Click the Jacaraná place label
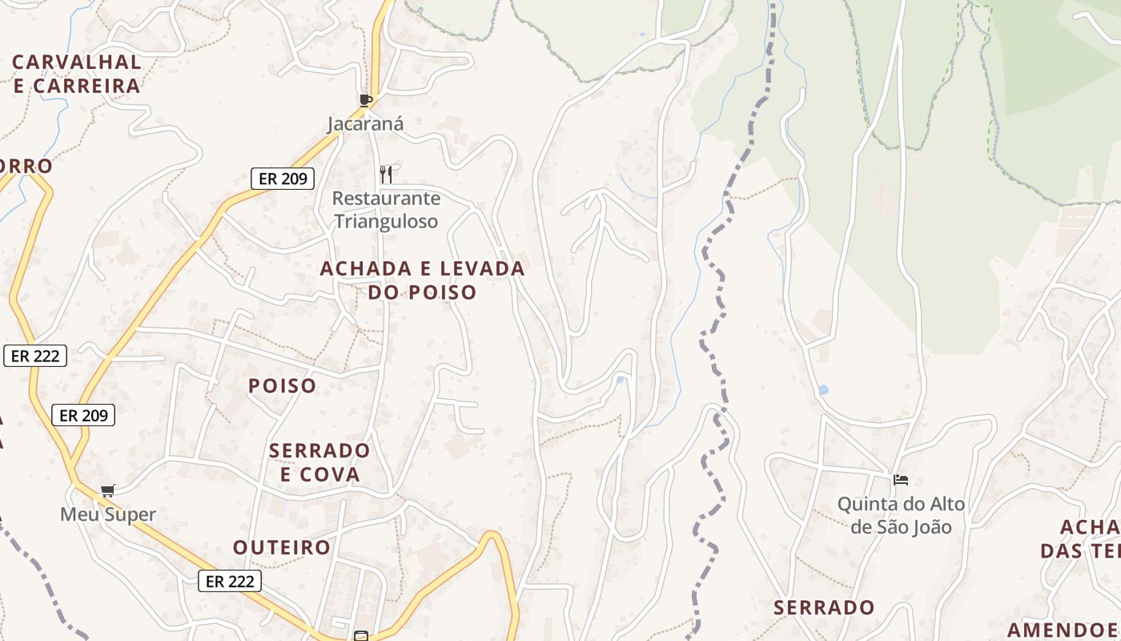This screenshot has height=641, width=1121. point(365,124)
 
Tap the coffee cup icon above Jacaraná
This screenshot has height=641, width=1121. point(366,100)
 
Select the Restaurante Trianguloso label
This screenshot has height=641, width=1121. point(386,209)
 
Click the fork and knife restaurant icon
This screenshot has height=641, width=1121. point(386,174)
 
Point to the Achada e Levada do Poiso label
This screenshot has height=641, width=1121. point(422,280)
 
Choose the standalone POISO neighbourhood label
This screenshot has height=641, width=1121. point(283,385)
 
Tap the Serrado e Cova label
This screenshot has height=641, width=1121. point(319,462)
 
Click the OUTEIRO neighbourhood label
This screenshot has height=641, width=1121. point(282,547)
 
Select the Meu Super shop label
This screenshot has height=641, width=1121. point(108,514)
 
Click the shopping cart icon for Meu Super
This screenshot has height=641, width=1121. point(107,490)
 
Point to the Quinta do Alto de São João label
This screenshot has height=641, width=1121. point(901,515)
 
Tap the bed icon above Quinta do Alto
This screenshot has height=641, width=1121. point(901,480)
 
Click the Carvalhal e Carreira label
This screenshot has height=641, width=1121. point(77,74)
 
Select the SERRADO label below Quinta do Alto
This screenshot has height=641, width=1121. point(824,607)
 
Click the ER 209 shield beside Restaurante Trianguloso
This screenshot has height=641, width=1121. point(283,179)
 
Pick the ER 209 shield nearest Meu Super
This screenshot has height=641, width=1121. point(83,415)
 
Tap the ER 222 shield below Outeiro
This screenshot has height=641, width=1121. point(230,581)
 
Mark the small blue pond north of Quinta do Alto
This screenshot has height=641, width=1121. point(822,390)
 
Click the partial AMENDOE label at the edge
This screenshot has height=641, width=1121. point(1063,629)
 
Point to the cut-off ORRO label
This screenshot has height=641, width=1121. point(26,167)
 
